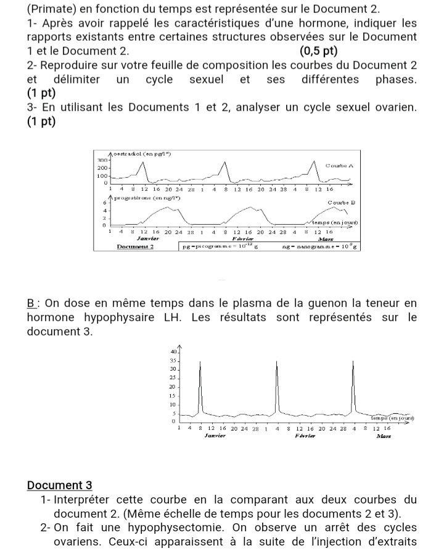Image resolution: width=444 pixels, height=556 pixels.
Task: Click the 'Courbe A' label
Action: (x=339, y=166)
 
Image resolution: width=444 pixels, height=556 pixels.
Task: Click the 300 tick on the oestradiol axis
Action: (x=102, y=159)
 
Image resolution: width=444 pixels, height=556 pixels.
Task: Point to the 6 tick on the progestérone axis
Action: (x=104, y=202)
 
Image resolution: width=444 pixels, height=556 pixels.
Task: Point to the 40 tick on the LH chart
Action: (x=173, y=352)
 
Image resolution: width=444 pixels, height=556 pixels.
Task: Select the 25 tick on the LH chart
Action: (x=173, y=377)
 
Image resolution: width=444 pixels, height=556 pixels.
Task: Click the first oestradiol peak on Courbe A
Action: (x=143, y=162)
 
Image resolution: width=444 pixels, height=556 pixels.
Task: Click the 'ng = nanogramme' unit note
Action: (x=321, y=246)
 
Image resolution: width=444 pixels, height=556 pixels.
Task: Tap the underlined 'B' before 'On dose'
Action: (x=31, y=303)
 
